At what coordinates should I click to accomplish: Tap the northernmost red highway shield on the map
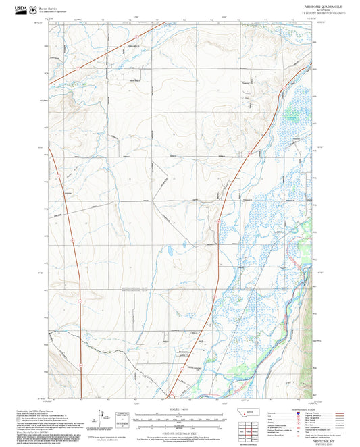click(78, 68)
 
